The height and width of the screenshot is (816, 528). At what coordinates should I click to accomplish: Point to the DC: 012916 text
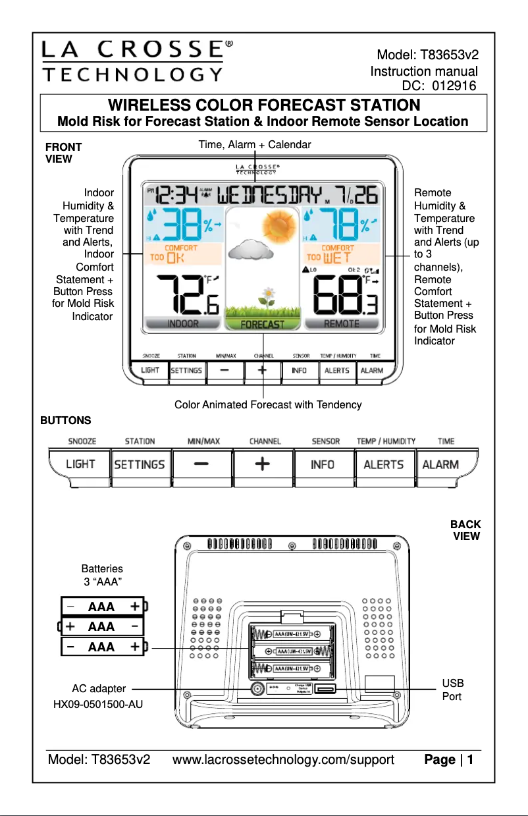pos(438,85)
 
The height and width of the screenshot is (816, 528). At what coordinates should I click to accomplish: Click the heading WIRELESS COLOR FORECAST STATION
pos(263,105)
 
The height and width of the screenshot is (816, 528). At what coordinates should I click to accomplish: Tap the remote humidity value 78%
pos(341,225)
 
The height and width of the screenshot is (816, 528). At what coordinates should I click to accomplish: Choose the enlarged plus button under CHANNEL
pos(262,464)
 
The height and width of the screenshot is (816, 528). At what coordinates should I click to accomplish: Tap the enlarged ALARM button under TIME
pos(440,464)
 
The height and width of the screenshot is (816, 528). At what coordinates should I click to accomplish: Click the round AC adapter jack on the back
pos(257,689)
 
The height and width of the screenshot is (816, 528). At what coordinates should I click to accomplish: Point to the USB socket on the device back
pos(325,689)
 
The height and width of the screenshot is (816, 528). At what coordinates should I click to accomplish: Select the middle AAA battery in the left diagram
pos(102,626)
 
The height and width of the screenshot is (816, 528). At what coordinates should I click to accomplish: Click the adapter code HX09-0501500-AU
pos(97,705)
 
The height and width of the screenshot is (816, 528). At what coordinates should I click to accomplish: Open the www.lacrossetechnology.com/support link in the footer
pos(283,760)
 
